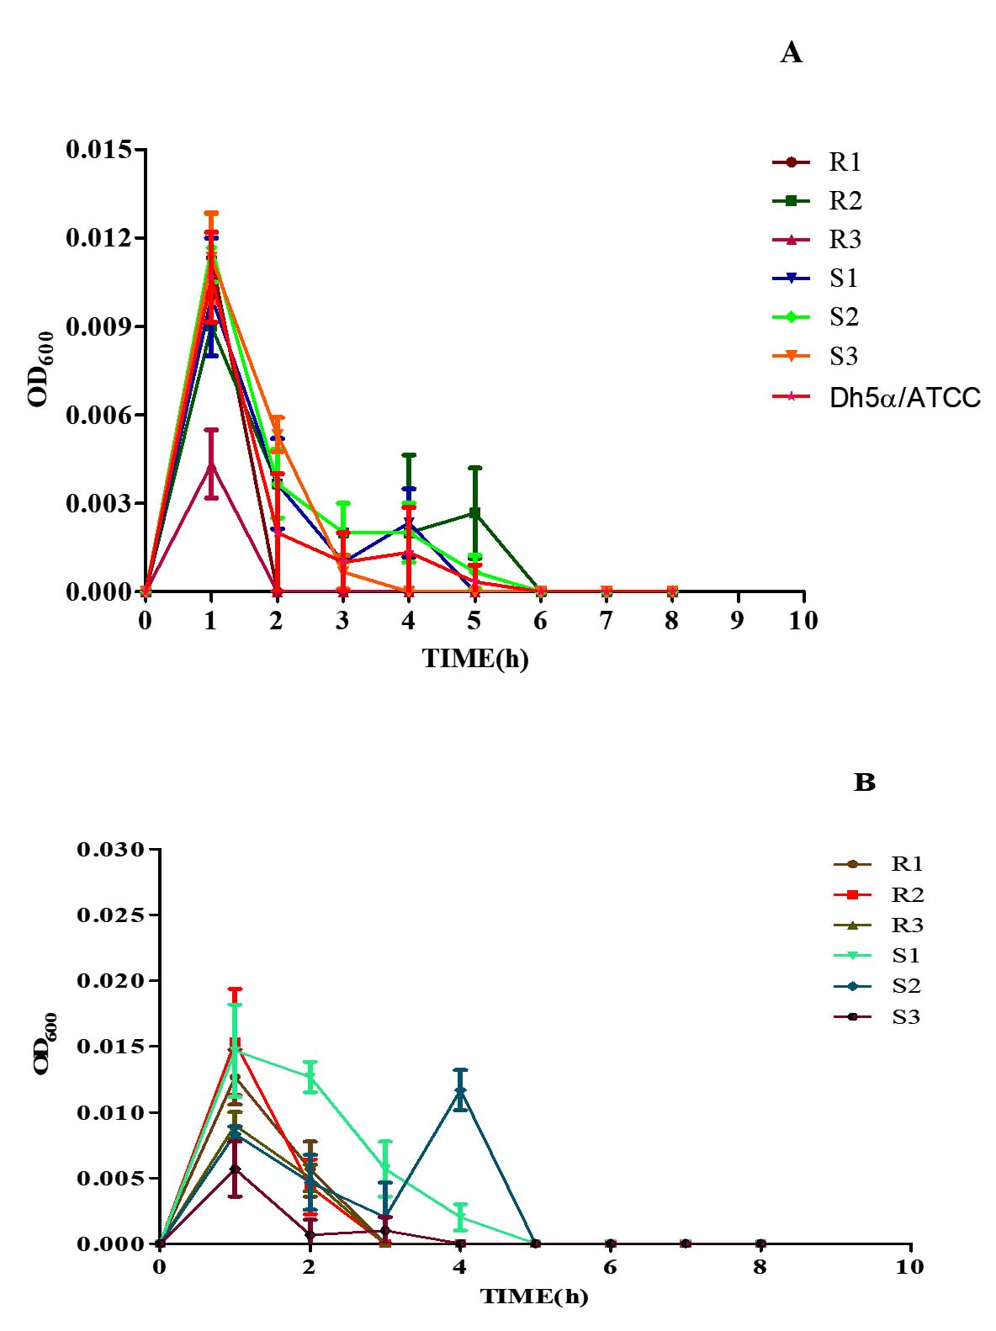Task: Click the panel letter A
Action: pos(791,54)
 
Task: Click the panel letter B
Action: pos(864,782)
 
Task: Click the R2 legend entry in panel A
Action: pos(845,201)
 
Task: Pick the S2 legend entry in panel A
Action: pos(843,317)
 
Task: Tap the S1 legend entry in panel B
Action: pos(905,956)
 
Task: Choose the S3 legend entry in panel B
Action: pos(905,1017)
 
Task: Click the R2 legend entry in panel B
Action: pos(907,894)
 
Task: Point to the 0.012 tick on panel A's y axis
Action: pos(99,238)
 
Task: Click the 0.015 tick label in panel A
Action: pos(99,150)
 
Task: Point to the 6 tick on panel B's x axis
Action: pos(610,1267)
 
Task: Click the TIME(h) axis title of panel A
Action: pos(475,659)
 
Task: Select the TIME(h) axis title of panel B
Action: pos(534,1297)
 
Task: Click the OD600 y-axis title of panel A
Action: pos(41,369)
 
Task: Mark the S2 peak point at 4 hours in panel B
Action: pos(460,1091)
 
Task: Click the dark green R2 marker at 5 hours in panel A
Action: pos(475,512)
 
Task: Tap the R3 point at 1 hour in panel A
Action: pos(211,465)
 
